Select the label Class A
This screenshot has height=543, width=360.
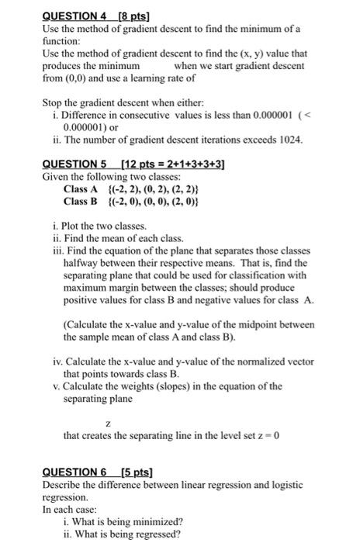(81, 188)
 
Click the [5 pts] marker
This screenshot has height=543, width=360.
(136, 472)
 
